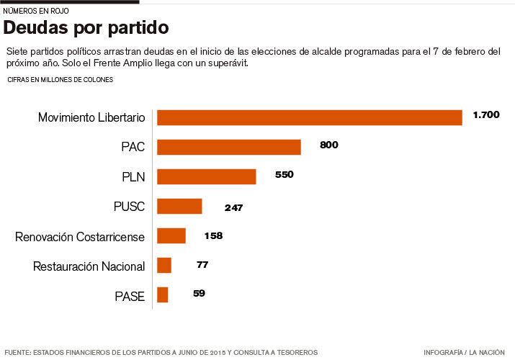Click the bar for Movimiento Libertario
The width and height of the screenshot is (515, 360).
tap(309, 117)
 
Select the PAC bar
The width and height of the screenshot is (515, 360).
tap(228, 147)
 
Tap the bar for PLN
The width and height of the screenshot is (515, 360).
tap(206, 176)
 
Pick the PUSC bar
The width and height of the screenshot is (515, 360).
tap(179, 206)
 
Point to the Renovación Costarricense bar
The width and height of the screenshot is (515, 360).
tap(171, 235)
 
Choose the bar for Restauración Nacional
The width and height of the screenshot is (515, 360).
tap(164, 265)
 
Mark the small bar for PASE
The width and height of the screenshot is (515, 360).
tap(163, 294)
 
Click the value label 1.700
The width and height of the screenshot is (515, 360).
tap(486, 115)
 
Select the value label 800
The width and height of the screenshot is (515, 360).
tap(328, 145)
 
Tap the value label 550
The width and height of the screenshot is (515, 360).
tap(285, 174)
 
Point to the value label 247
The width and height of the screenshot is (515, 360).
tap(233, 207)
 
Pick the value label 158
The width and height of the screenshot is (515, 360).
tap(213, 235)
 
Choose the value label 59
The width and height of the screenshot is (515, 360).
tap(200, 293)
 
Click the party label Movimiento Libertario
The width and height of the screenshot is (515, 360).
tap(91, 117)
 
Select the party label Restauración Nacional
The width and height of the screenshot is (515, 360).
tap(89, 266)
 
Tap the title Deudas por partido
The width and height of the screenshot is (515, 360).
tap(86, 28)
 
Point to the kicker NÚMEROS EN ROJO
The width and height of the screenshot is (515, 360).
tap(36, 11)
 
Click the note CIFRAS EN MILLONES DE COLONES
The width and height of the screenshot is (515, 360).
tap(60, 80)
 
